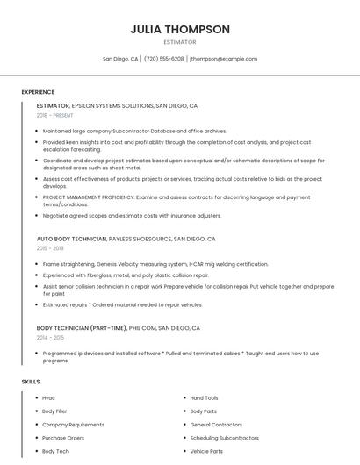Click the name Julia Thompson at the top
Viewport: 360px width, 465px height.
(x=180, y=29)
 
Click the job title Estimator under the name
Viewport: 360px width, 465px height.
(x=180, y=42)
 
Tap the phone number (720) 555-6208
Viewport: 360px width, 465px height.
(x=164, y=59)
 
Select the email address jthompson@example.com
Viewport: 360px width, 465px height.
(x=224, y=59)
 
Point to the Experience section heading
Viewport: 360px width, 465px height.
(x=38, y=92)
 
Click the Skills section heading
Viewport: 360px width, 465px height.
(x=30, y=382)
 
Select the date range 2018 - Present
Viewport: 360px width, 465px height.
(x=56, y=115)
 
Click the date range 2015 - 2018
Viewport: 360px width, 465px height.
(x=50, y=248)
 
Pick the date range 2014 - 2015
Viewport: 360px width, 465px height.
(x=50, y=337)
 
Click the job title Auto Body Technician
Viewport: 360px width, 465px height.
(x=71, y=239)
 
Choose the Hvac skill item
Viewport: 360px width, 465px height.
(x=48, y=398)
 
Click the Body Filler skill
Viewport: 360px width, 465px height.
(x=54, y=411)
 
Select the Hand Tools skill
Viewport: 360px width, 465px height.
(x=205, y=398)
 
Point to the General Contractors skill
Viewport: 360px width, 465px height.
(x=216, y=425)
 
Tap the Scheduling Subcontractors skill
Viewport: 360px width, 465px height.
(x=223, y=438)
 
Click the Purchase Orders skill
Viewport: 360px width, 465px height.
(x=63, y=438)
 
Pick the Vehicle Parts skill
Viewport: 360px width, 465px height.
(x=206, y=451)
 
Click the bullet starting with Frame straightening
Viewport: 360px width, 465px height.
(x=155, y=264)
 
